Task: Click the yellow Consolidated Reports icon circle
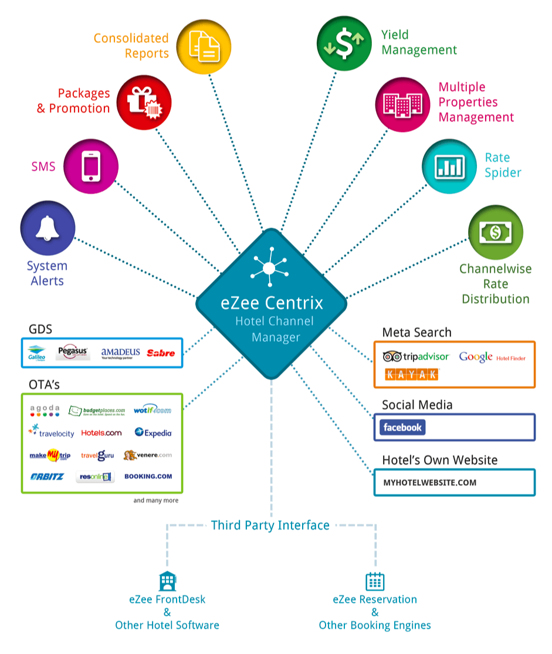click(x=204, y=46)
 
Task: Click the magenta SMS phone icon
click(x=91, y=166)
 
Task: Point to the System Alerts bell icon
click(x=48, y=229)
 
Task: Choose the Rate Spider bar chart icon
click(x=449, y=166)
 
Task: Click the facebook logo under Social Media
click(x=402, y=427)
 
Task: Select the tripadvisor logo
click(x=416, y=356)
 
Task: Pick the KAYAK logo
click(x=412, y=374)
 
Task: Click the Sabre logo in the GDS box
click(x=161, y=353)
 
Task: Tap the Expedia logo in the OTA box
click(x=153, y=433)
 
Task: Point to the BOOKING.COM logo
click(x=148, y=476)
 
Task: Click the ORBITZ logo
click(x=47, y=476)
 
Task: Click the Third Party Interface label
click(x=270, y=525)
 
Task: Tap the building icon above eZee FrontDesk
click(x=168, y=581)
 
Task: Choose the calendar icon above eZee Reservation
click(x=375, y=581)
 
